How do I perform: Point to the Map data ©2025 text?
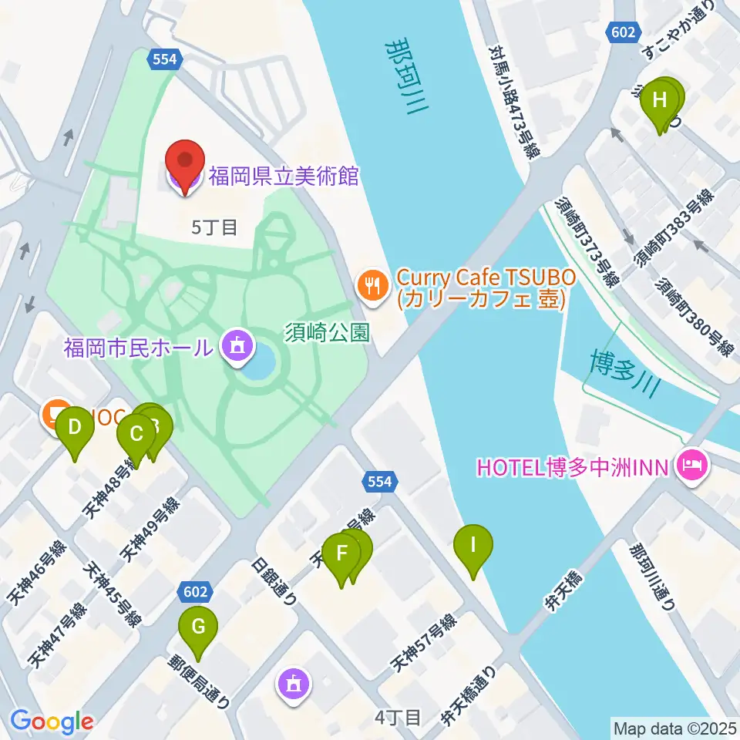point(674,728)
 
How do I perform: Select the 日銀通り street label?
point(275,583)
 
